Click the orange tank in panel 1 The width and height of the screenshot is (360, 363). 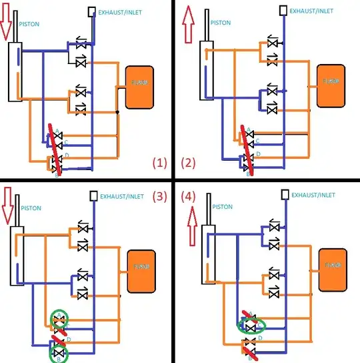[x=138, y=87]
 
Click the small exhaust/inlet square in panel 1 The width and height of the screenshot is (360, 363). [x=91, y=11]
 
